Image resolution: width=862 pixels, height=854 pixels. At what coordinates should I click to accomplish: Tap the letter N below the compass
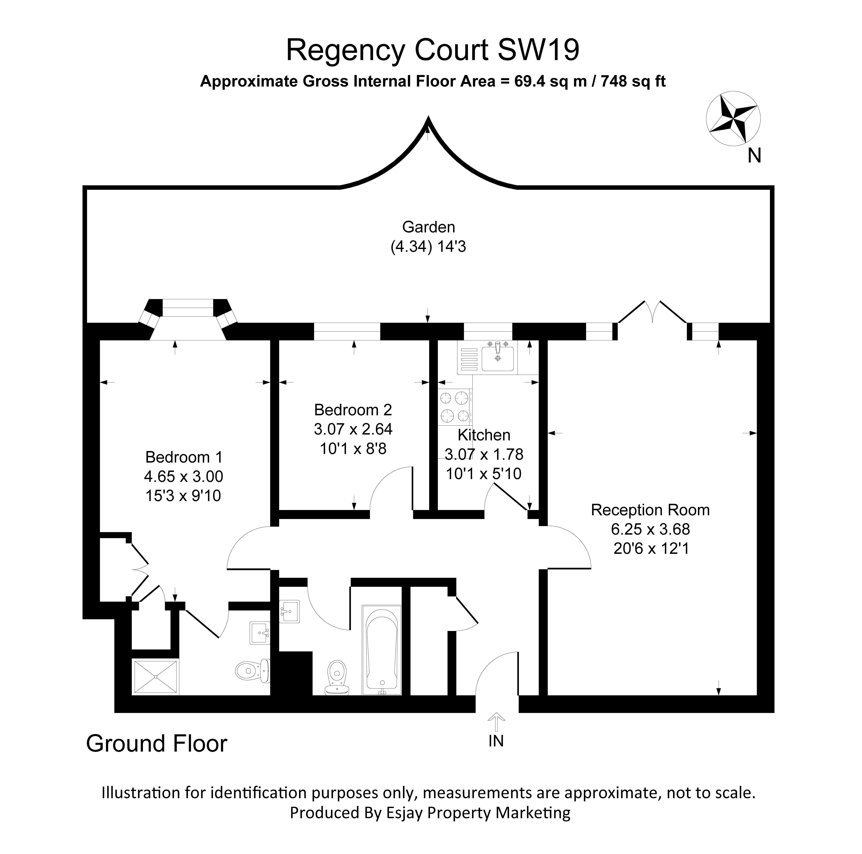pyautogui.click(x=754, y=156)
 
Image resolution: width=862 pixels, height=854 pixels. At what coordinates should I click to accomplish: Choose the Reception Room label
pyautogui.click(x=650, y=510)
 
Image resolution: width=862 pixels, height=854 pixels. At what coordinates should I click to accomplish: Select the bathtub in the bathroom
pyautogui.click(x=381, y=650)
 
